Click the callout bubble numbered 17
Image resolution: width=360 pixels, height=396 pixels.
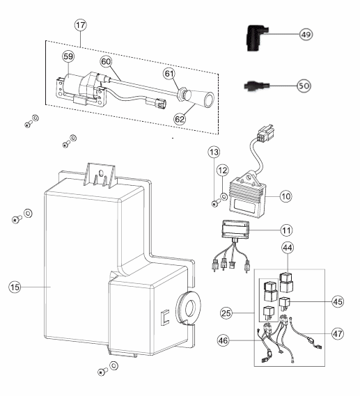[x=81, y=25]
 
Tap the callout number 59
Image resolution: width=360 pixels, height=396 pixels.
[x=68, y=56]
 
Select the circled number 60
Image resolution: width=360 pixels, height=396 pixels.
[x=106, y=62]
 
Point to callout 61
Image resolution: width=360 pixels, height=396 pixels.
[x=169, y=74]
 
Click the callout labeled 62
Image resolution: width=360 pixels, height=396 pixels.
[x=180, y=119]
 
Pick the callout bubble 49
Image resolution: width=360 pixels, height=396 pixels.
[x=306, y=34]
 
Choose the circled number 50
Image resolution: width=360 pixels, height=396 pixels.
[x=304, y=86]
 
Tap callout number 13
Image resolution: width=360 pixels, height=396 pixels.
[x=214, y=152]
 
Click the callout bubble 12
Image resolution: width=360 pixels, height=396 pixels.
[x=223, y=171]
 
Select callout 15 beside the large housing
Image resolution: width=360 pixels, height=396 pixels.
[x=15, y=287]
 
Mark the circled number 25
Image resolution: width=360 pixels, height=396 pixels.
[x=226, y=313]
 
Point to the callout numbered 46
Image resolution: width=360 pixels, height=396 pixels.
[x=223, y=340]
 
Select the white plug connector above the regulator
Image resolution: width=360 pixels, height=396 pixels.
[x=265, y=134]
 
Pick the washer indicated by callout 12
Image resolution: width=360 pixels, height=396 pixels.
[x=224, y=196]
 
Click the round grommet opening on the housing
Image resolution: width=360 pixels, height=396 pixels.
[x=189, y=308]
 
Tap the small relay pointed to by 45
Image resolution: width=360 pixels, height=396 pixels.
[x=285, y=303]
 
